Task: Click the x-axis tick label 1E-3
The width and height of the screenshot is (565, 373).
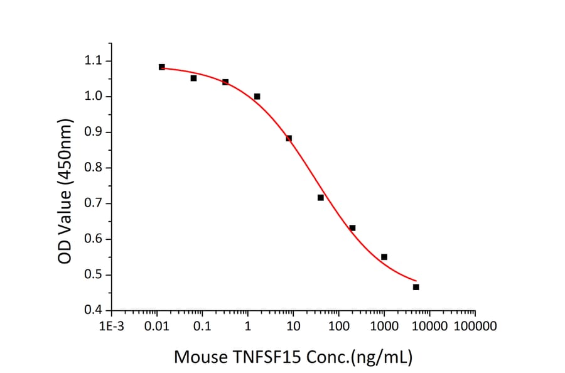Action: coord(113,327)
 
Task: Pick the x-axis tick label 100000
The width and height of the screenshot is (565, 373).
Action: coord(475,327)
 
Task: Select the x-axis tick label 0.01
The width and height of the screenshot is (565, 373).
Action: coord(156,327)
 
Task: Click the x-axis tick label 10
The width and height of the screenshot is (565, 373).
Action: coord(293,327)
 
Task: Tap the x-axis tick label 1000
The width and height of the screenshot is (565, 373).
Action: coord(384,327)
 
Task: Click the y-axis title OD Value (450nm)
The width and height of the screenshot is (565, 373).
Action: coord(64,190)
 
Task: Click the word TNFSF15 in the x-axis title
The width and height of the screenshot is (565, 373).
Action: coord(264,357)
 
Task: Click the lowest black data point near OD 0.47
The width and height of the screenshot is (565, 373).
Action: coord(416,287)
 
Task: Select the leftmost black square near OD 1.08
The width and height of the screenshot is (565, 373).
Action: coord(162,67)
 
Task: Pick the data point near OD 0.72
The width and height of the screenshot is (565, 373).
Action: coord(321,198)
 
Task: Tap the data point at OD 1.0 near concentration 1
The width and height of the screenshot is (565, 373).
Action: coord(257,97)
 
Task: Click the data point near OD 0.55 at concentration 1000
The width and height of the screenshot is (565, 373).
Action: coord(384,257)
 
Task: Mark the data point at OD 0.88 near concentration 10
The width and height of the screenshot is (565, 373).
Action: coord(289,138)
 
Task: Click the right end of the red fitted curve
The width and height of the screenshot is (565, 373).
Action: coord(416,281)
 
